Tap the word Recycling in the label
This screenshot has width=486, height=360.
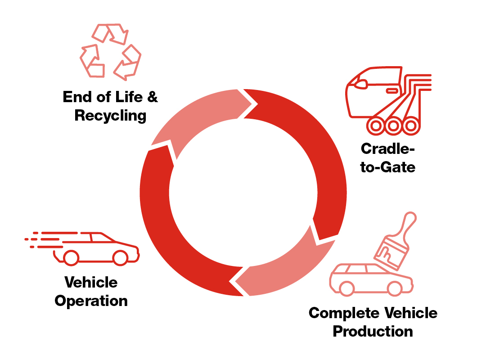(110, 116)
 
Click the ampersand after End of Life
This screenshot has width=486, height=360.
(153, 97)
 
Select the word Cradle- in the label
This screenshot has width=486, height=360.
(387, 148)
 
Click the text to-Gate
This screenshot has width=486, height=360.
(387, 167)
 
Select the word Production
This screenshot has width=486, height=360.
(373, 332)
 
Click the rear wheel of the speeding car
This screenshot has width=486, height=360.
(71, 257)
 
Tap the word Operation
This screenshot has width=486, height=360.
(91, 301)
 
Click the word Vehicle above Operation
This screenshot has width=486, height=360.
(91, 283)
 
